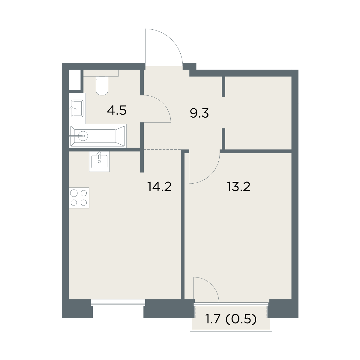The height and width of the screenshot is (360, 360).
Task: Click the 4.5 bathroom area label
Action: [117, 110]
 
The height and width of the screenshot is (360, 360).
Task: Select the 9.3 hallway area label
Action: [199, 113]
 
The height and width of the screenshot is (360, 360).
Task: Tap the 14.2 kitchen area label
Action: [159, 186]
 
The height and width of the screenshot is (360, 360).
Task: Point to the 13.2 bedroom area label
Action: [238, 186]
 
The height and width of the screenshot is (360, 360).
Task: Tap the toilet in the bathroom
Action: [102, 85]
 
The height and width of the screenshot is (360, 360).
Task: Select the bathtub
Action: [98, 136]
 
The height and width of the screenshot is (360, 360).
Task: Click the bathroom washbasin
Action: [77, 108]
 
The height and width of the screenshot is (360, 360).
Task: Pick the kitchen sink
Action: [99, 161]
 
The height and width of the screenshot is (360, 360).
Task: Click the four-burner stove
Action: [79, 198]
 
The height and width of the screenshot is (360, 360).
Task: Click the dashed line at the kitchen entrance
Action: [163, 149]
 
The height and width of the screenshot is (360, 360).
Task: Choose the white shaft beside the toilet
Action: [74, 80]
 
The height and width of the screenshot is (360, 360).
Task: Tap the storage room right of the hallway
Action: [258, 113]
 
